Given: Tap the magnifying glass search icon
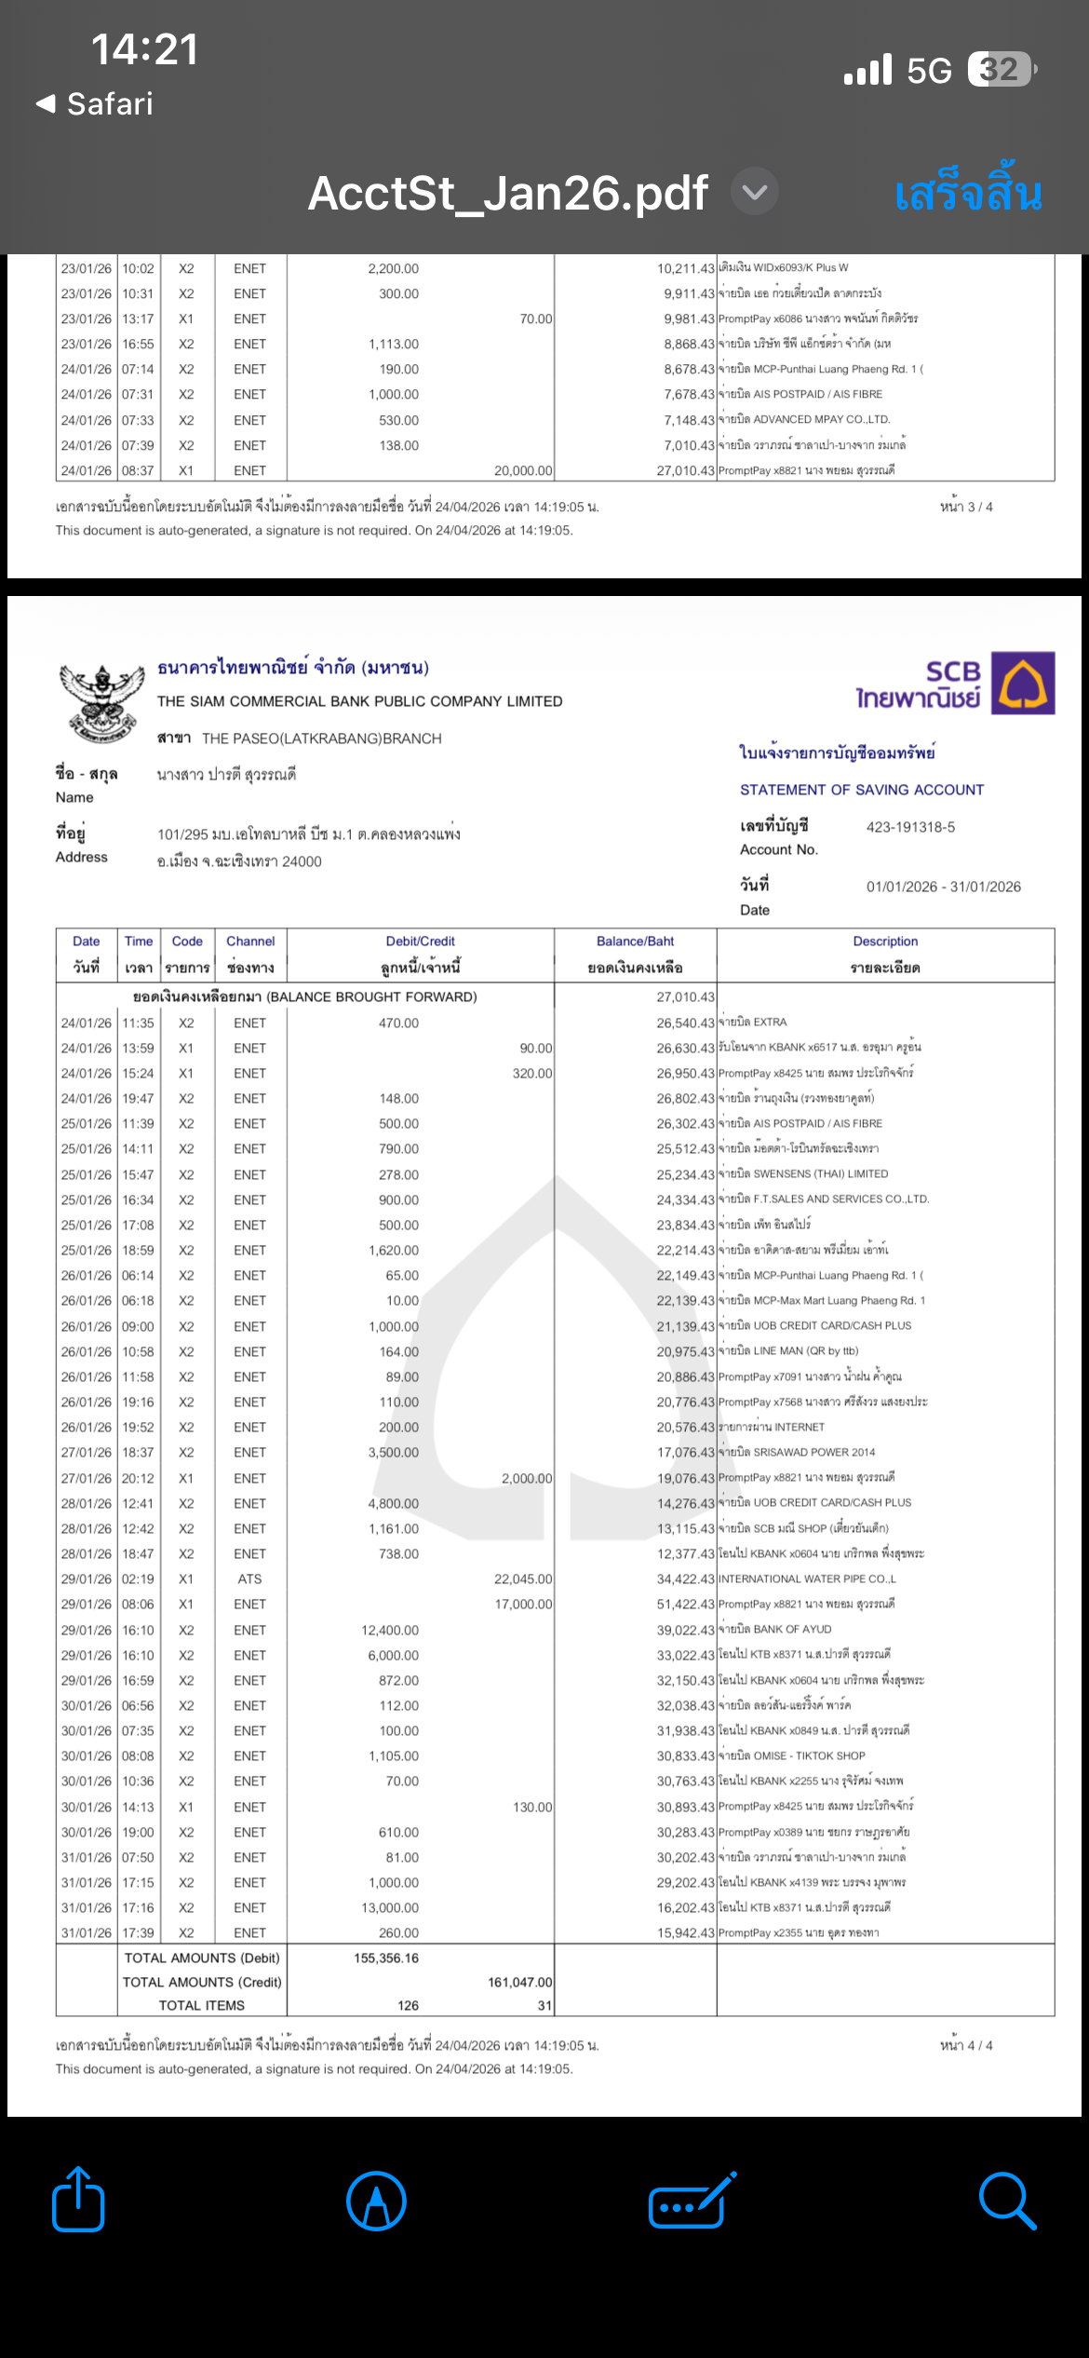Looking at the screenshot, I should point(1007,2202).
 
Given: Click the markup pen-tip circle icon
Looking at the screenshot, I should point(376,2202).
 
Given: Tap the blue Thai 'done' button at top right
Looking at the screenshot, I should point(968,193).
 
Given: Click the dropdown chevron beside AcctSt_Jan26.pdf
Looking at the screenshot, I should point(755,192).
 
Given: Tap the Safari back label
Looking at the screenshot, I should point(95,103).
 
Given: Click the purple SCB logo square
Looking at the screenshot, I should point(1023,683).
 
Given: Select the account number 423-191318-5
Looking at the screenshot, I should point(910,827).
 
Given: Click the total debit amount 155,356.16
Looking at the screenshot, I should point(386,1958).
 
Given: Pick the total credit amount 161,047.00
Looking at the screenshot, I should point(519,1982).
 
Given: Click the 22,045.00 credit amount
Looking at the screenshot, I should point(523,1579).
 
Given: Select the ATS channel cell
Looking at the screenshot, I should point(249,1579).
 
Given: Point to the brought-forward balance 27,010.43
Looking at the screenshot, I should point(685,996).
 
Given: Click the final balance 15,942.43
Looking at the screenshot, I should point(685,1932).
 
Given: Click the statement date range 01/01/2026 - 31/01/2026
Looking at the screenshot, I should point(943,887).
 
